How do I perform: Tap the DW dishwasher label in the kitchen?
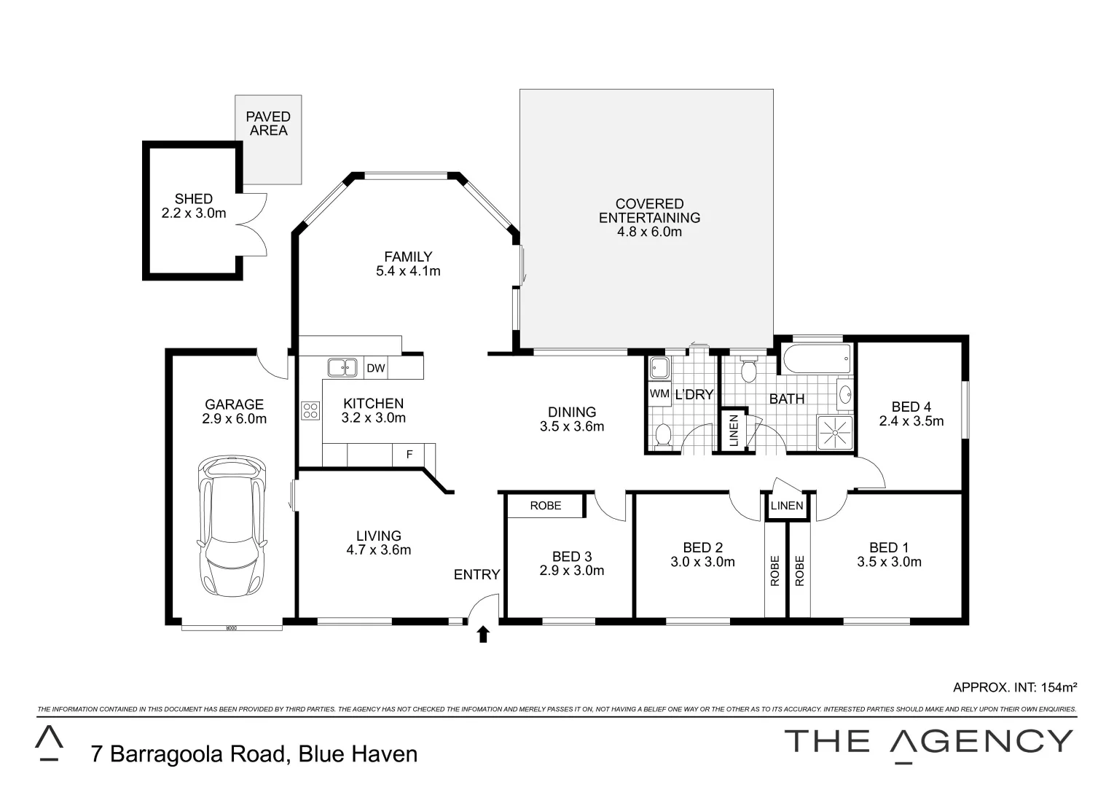click(375, 369)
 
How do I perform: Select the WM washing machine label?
click(659, 393)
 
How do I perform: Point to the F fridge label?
click(409, 455)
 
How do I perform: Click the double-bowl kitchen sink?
click(342, 368)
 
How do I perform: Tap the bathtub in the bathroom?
click(817, 358)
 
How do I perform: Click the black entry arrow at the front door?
click(482, 635)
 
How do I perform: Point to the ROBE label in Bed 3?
click(545, 506)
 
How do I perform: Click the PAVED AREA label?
click(268, 124)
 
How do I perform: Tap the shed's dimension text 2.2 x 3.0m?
click(194, 214)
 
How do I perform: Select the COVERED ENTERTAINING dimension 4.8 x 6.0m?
click(649, 232)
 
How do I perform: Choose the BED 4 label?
click(911, 407)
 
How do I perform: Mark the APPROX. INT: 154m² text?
click(1014, 687)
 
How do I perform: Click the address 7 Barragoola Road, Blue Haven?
click(254, 753)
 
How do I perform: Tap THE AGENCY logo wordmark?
click(928, 741)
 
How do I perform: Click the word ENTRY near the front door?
click(476, 575)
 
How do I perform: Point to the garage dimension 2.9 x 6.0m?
click(234, 419)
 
